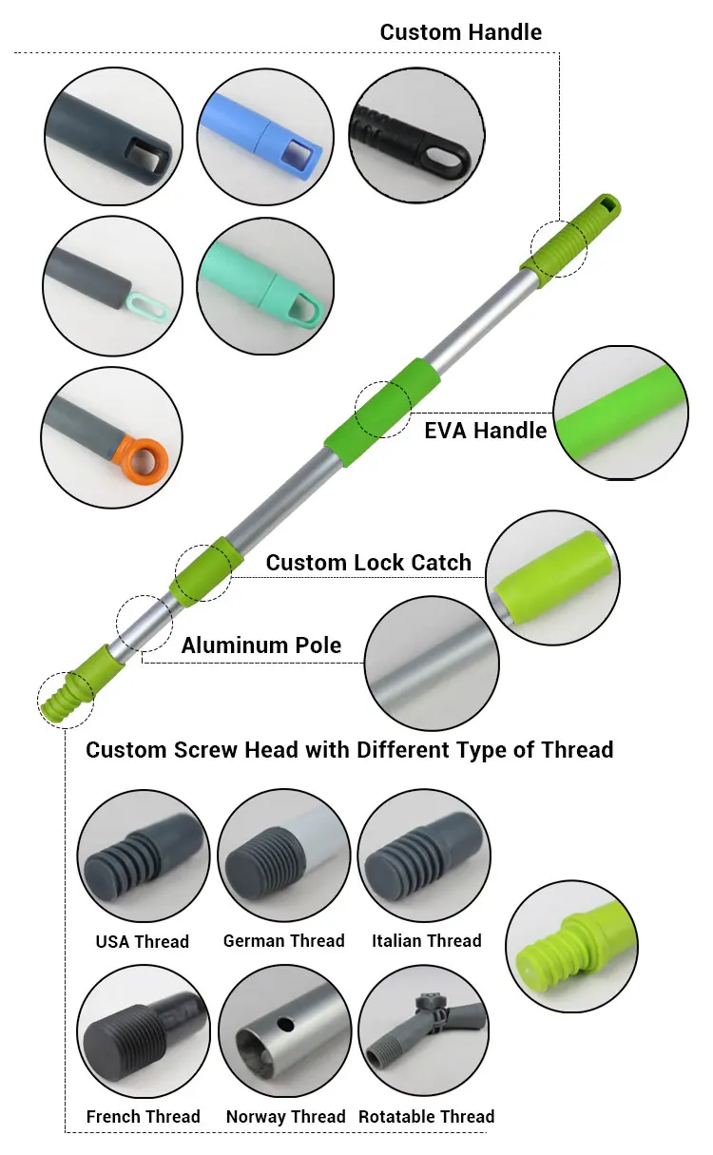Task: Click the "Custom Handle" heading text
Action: pyautogui.click(x=460, y=32)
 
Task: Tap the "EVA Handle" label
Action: pyautogui.click(x=485, y=431)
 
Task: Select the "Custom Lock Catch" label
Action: pyautogui.click(x=368, y=563)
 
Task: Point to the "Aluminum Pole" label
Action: pyautogui.click(x=260, y=646)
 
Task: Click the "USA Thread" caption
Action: pyautogui.click(x=143, y=942)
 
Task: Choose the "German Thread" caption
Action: pyautogui.click(x=283, y=941)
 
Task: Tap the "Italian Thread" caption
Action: pyautogui.click(x=426, y=941)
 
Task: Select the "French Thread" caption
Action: pyautogui.click(x=143, y=1117)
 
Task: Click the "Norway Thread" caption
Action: pyautogui.click(x=285, y=1117)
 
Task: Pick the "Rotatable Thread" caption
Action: pyautogui.click(x=426, y=1117)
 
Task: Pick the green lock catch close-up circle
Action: pyautogui.click(x=552, y=579)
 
